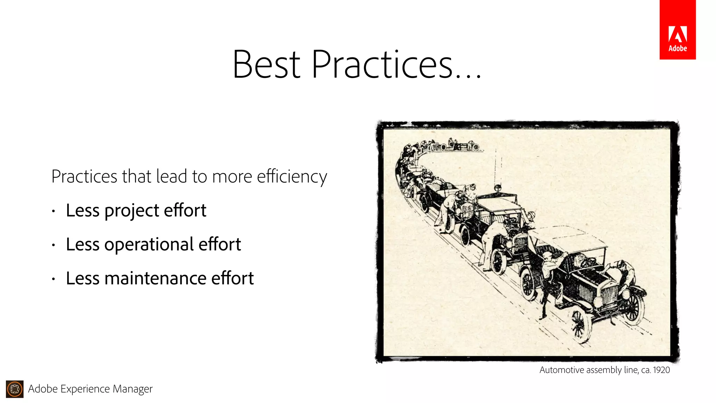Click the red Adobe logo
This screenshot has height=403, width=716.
(x=677, y=30)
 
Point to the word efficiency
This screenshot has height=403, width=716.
(x=292, y=177)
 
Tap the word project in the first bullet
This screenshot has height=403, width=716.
(x=132, y=211)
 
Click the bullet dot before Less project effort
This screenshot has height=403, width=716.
(x=53, y=211)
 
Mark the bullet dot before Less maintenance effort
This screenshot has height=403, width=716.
(x=53, y=279)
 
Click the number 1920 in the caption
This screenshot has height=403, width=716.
(x=661, y=370)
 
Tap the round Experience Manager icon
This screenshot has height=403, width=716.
(x=15, y=389)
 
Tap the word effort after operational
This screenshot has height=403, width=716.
(x=220, y=245)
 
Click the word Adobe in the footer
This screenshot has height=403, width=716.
(x=43, y=389)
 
